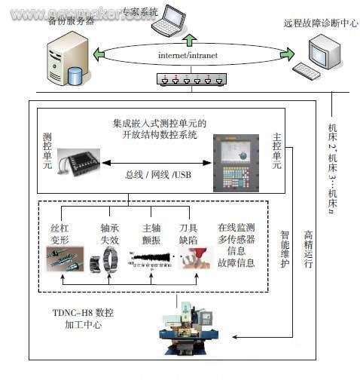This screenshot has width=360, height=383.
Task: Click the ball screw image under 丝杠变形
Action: tap(64, 261)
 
